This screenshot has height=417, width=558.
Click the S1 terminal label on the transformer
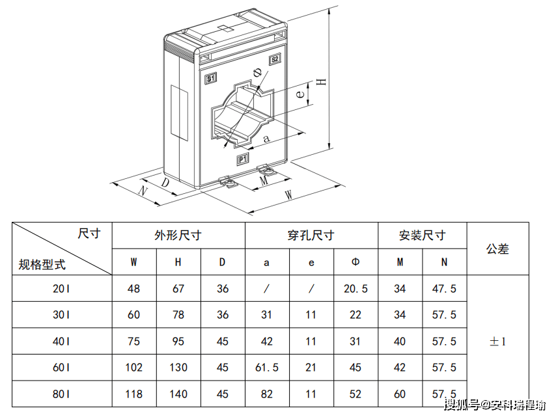[x=210, y=79]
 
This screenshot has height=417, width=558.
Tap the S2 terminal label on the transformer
[x=275, y=59]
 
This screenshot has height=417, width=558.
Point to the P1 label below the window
[x=242, y=159]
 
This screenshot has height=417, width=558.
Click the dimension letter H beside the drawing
[x=320, y=82]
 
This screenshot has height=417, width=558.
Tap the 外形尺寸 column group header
[x=178, y=235]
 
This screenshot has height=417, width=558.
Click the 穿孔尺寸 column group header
[x=311, y=235]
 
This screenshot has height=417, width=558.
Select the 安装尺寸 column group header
[x=422, y=235]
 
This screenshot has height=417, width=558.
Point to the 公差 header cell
[x=497, y=249]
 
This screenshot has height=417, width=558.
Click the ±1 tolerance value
[x=497, y=341]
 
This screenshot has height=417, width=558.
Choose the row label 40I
[x=61, y=341]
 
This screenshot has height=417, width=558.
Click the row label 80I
[x=61, y=394]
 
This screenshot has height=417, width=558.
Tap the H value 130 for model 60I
[x=178, y=368]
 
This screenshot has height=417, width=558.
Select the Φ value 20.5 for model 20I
[x=356, y=289]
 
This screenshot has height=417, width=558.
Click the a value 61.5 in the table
[x=267, y=368]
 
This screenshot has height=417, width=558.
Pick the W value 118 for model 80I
[x=133, y=394]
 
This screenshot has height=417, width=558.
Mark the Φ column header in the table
[x=356, y=262]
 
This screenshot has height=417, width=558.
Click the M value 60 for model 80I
[x=400, y=394]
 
